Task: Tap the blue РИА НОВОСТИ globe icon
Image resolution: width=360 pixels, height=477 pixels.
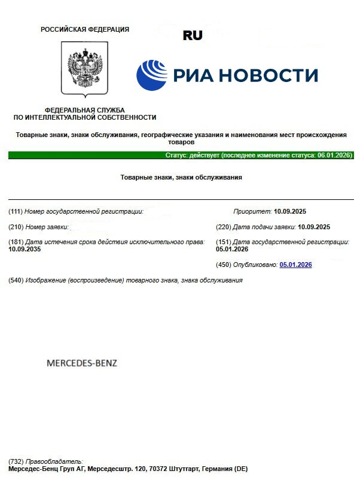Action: point(152,75)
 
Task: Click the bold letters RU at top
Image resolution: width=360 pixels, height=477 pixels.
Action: point(193,36)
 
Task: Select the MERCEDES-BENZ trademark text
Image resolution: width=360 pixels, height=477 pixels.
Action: point(82,363)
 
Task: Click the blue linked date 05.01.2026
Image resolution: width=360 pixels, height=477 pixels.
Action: point(295,265)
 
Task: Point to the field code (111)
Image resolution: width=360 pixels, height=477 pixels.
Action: point(16,212)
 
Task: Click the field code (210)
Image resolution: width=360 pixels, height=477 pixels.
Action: point(16,227)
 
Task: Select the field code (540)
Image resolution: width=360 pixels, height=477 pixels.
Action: point(16,280)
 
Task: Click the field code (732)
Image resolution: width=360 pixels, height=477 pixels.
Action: point(16,461)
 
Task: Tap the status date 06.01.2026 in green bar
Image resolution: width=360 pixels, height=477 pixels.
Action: point(334,155)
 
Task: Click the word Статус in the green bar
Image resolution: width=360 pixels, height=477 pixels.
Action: point(176,155)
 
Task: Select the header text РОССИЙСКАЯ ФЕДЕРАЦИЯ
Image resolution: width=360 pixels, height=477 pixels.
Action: point(84,29)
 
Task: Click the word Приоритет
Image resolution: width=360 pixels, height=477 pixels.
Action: point(252,212)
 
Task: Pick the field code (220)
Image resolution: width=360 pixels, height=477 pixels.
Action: point(222,227)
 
